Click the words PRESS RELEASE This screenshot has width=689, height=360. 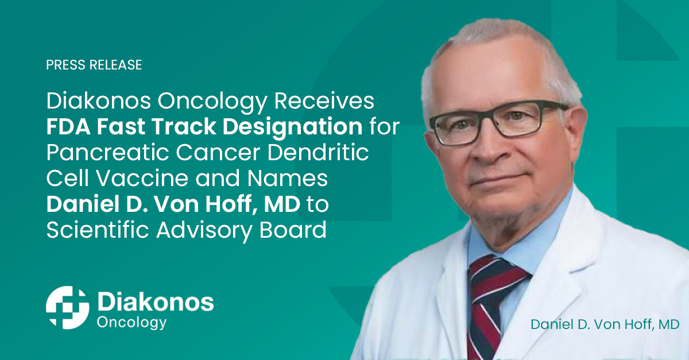[94, 65]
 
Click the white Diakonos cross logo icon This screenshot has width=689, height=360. [67, 307]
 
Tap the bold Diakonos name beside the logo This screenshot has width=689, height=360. [156, 302]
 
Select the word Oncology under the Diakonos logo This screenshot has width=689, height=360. [132, 322]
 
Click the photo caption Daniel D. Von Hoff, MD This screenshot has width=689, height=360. [605, 324]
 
